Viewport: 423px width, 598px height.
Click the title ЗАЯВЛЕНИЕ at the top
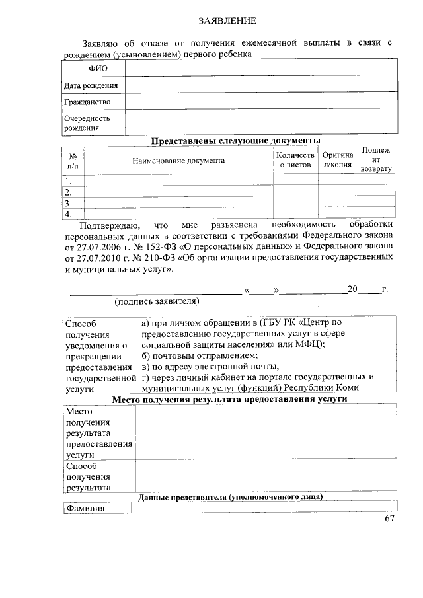[227, 22]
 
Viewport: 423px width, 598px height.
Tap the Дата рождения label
[91, 85]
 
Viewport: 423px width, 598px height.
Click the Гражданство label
[87, 102]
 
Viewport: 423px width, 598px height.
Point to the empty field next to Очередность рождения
[262, 122]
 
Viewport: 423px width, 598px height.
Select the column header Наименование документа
[178, 161]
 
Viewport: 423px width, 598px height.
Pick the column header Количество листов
[295, 160]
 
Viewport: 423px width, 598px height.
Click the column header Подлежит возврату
[377, 160]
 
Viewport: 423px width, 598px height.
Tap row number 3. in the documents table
[68, 204]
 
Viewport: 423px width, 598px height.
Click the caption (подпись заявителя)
[157, 302]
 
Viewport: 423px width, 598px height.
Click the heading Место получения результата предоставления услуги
[229, 400]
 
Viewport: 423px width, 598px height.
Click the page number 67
[390, 519]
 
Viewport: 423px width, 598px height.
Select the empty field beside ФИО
[262, 69]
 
